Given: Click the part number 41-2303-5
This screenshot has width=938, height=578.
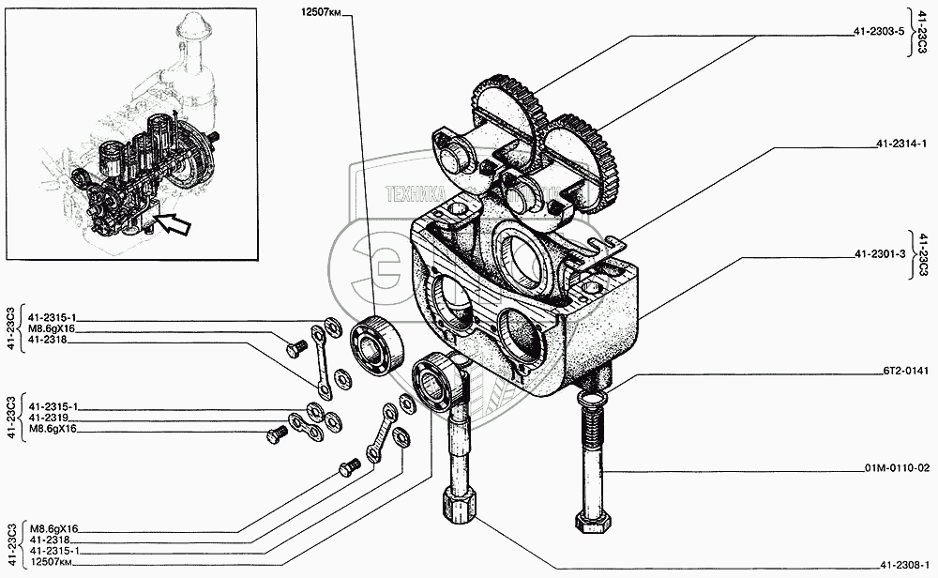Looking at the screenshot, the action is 879,31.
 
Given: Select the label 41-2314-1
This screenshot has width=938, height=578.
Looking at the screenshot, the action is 900,144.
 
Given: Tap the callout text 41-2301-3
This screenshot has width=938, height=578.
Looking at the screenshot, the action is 879,254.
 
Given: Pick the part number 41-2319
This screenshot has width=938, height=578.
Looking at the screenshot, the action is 46,418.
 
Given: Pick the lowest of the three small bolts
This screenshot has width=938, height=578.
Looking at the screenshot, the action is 346,466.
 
